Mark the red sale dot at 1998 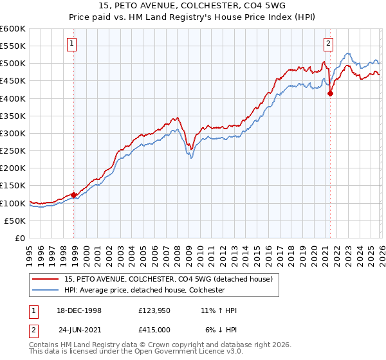coord(74,195)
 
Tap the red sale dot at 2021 coord(330,93)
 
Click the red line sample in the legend coord(46,279)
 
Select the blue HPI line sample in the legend coord(46,290)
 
